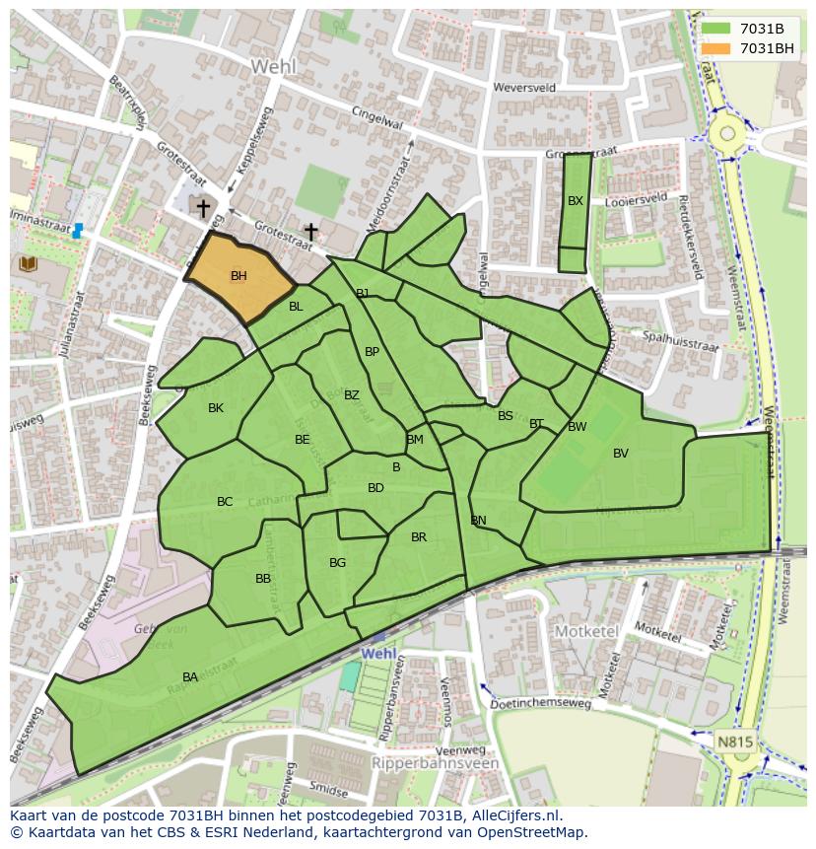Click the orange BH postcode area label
coord(238,276)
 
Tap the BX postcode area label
coord(576,200)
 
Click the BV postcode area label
coord(620,454)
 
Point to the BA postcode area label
coord(190,676)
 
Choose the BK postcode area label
coord(216,407)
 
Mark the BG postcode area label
coord(337,563)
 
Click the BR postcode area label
coord(419,537)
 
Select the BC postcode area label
coord(225,502)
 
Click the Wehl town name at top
coord(272,66)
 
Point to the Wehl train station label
coord(378,653)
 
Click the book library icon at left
coord(27,263)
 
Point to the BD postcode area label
coord(375,488)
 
